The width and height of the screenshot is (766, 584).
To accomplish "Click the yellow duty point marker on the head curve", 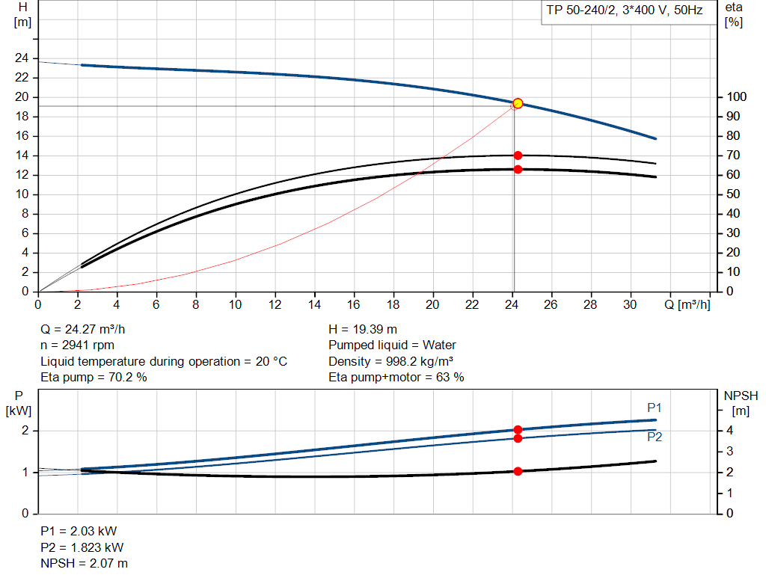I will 517,103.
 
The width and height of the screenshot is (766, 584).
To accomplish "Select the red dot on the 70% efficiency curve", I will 518,156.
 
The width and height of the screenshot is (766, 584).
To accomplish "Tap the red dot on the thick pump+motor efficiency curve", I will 518,170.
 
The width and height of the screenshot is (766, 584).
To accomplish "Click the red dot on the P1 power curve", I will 518,430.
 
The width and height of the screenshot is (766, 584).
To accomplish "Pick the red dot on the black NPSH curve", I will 518,471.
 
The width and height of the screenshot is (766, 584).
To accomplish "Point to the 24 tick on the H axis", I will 22,58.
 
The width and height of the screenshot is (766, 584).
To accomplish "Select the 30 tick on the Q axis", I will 630,304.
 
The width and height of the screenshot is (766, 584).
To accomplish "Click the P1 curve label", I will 655,408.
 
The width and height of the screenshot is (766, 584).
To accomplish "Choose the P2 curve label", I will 655,437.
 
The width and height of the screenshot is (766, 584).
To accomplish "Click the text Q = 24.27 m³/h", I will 88,329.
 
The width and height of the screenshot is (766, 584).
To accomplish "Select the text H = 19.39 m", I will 363,329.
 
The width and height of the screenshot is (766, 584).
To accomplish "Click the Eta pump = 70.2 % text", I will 94,378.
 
